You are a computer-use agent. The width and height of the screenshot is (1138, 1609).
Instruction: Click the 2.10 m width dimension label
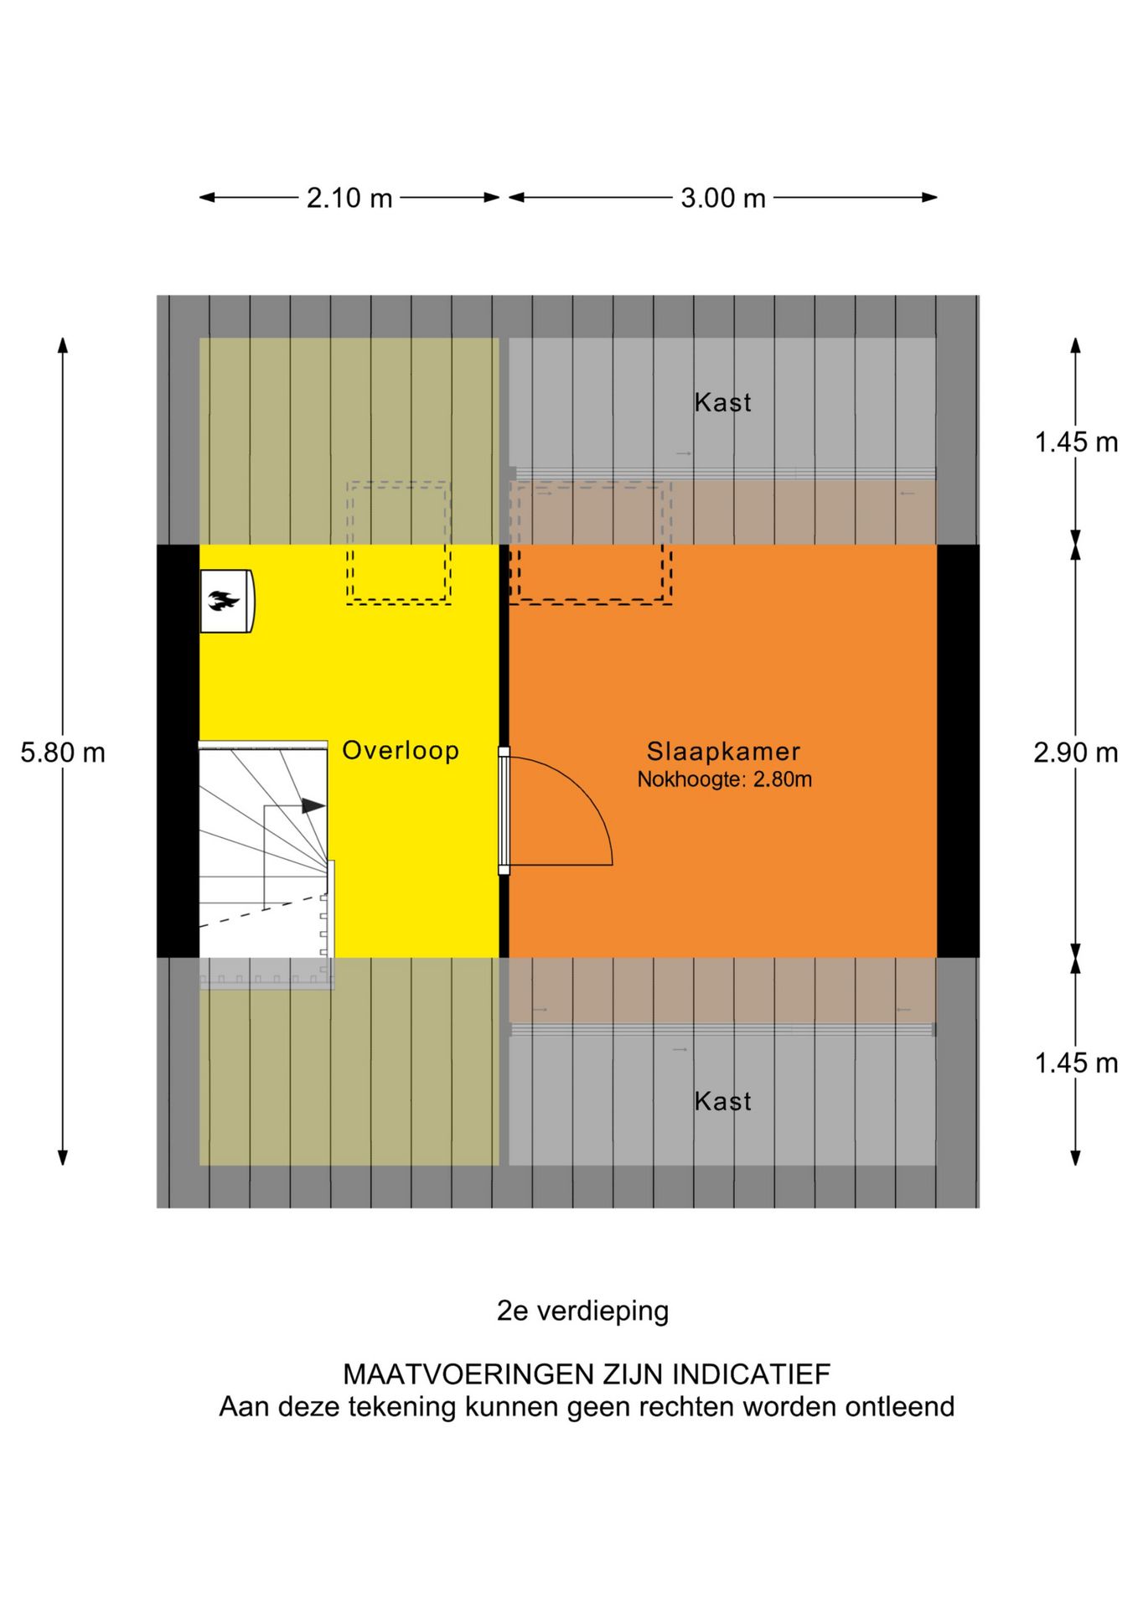coord(349,199)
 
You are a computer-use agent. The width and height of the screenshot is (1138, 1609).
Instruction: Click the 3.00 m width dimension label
coord(723,199)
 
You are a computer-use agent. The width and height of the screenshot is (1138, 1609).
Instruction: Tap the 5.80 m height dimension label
coord(63,753)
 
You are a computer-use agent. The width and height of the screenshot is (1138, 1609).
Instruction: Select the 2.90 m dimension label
coord(1076,753)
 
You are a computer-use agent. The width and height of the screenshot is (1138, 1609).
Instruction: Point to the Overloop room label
coord(401,750)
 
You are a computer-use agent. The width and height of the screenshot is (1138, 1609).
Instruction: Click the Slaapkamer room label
coord(723,752)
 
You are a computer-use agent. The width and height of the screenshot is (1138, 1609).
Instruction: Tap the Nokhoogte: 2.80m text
coord(724,779)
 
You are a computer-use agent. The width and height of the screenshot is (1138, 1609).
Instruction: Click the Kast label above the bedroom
coord(723,402)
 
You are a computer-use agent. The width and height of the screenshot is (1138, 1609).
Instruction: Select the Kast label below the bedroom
coord(723,1100)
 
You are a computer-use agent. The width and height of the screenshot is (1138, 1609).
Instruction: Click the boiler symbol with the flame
coord(226,601)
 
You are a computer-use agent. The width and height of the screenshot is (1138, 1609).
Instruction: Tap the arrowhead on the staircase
coord(313,805)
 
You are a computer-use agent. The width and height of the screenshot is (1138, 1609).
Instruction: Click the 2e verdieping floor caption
coord(583,1311)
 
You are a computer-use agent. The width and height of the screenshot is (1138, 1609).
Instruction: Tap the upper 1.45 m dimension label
coord(1076,442)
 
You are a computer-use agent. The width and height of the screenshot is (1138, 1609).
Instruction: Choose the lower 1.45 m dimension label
coord(1076,1063)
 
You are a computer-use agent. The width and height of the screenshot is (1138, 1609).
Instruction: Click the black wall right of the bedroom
coord(958,751)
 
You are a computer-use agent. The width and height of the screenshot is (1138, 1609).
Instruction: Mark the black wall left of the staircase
coord(178,751)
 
